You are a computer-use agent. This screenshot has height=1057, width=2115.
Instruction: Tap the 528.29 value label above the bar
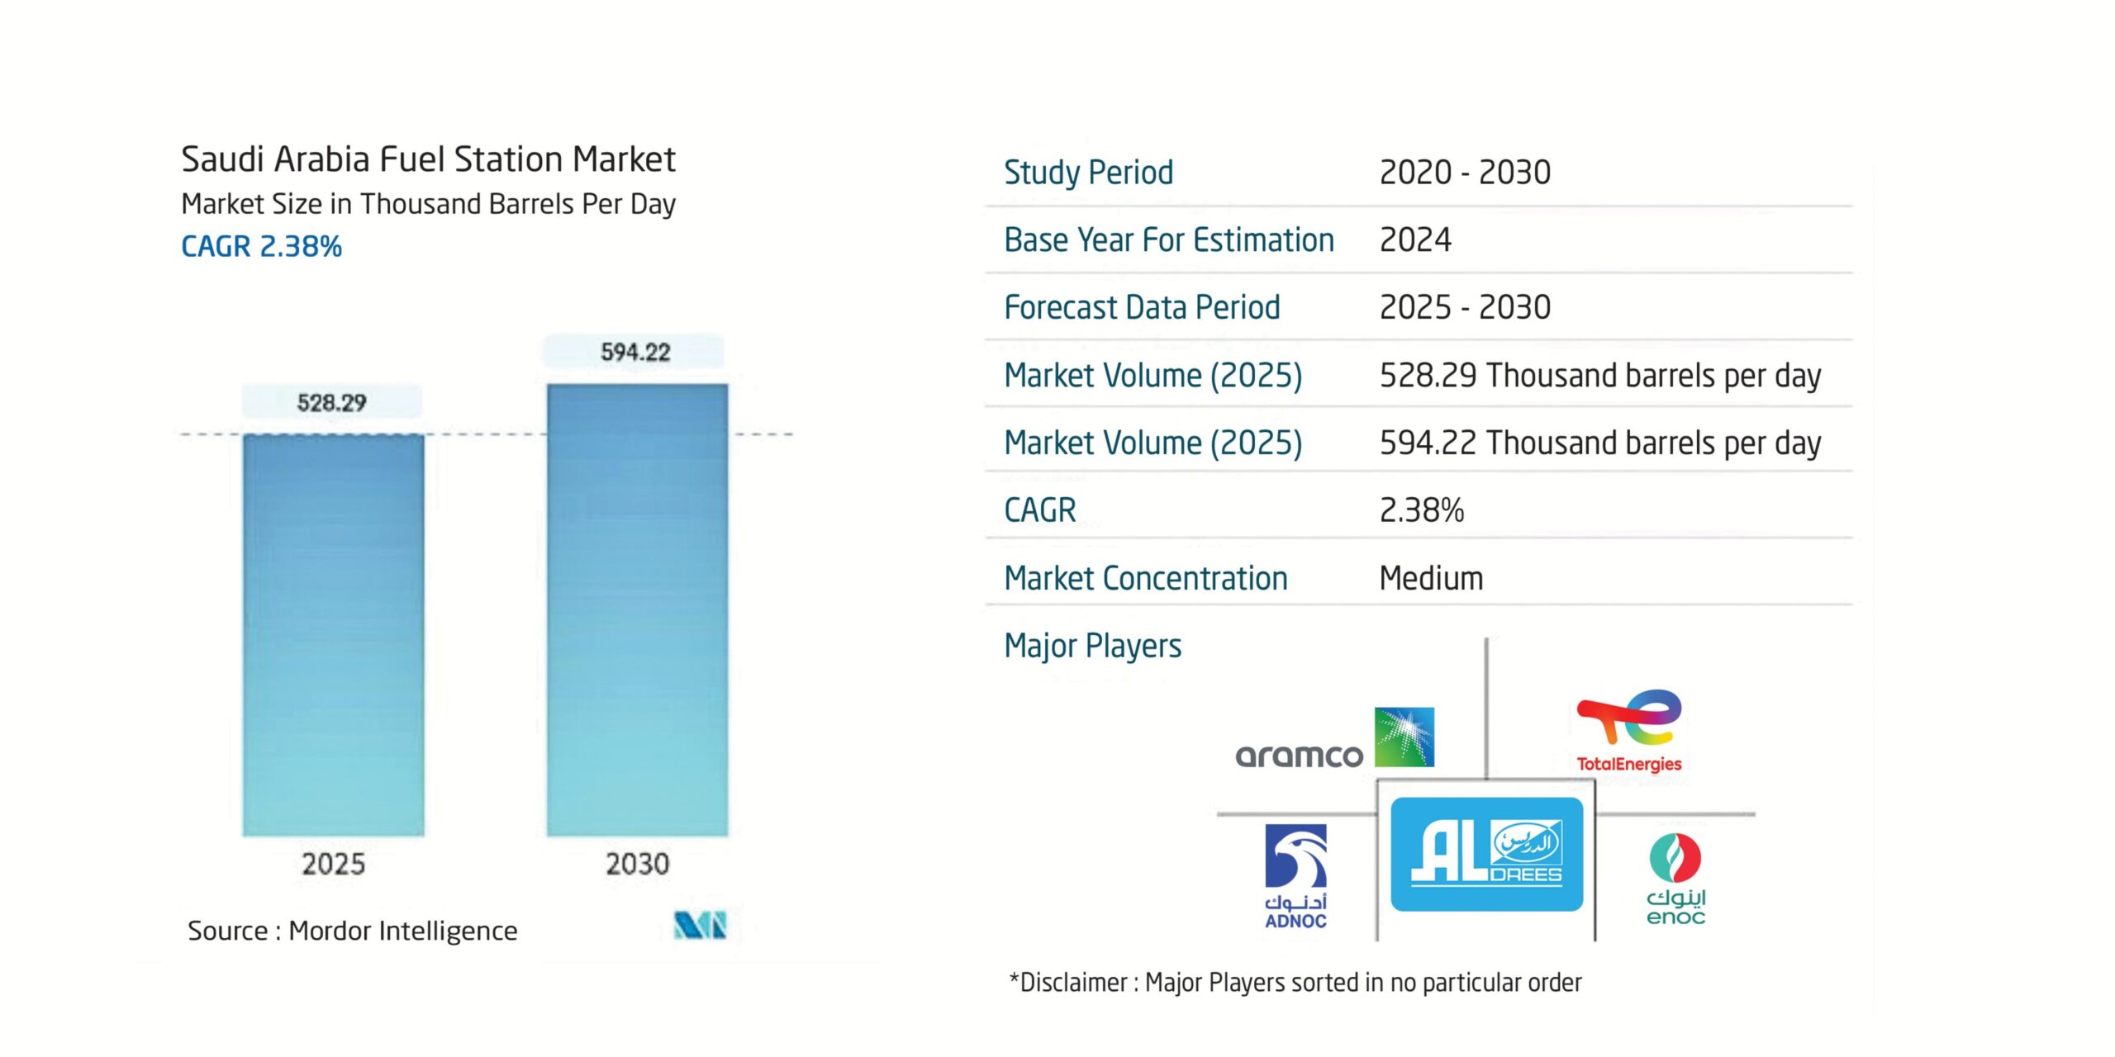pyautogui.click(x=331, y=403)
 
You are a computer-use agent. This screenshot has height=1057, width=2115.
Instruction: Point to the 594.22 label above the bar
pyautogui.click(x=634, y=352)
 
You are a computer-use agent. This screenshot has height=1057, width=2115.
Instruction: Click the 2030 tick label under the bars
pyautogui.click(x=637, y=864)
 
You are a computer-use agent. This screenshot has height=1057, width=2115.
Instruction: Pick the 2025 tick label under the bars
pyautogui.click(x=333, y=864)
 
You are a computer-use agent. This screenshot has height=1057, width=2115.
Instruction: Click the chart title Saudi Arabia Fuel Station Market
pyautogui.click(x=428, y=159)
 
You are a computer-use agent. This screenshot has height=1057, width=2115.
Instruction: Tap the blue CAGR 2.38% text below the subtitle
pyautogui.click(x=261, y=246)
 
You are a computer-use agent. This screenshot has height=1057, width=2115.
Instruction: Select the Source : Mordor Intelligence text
pyautogui.click(x=352, y=931)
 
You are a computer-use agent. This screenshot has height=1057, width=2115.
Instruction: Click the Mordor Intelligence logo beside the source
pyautogui.click(x=700, y=925)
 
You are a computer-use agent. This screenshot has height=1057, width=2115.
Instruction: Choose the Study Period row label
pyautogui.click(x=1088, y=173)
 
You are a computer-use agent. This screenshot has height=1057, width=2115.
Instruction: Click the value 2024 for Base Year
pyautogui.click(x=1415, y=240)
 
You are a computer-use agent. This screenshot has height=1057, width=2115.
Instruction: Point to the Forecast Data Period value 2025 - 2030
pyautogui.click(x=1465, y=307)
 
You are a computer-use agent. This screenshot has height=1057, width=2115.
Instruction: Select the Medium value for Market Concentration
pyautogui.click(x=1431, y=578)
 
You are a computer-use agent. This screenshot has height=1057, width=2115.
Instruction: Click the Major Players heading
pyautogui.click(x=1092, y=646)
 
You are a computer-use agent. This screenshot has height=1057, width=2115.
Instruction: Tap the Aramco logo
pyautogui.click(x=1334, y=741)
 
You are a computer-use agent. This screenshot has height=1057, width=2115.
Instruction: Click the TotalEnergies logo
pyautogui.click(x=1628, y=732)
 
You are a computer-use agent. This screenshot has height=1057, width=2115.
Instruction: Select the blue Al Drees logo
pyautogui.click(x=1486, y=855)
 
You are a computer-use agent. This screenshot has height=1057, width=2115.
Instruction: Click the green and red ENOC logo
pyautogui.click(x=1675, y=879)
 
